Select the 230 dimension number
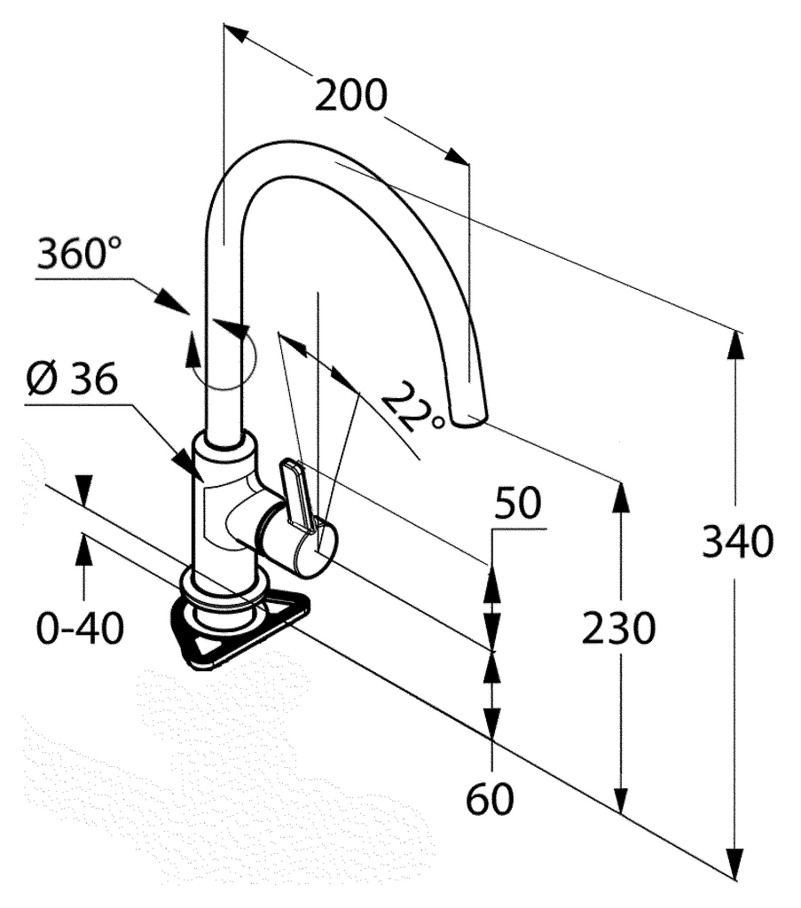(618, 629)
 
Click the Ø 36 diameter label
(71, 381)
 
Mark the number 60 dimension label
(490, 799)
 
